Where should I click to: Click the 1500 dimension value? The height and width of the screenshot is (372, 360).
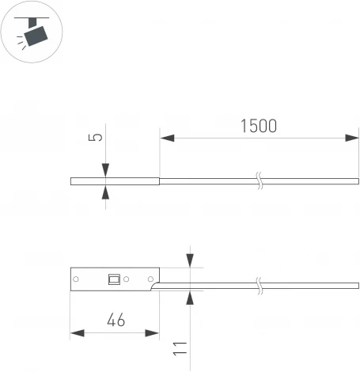click(259, 126)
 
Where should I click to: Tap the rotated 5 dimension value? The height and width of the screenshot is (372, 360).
click(96, 137)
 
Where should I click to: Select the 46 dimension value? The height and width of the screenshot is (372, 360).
click(116, 320)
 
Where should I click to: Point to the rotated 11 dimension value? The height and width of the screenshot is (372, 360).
click(180, 349)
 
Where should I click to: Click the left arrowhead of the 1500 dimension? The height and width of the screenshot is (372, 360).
click(167, 138)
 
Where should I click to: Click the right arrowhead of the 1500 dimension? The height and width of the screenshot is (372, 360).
click(352, 138)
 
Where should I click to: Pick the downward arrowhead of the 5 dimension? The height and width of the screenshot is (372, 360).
click(105, 170)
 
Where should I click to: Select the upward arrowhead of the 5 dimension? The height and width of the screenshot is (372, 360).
click(105, 192)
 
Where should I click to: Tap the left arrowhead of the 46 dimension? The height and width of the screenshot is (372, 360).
click(78, 333)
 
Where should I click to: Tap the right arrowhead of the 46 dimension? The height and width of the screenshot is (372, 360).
click(152, 333)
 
